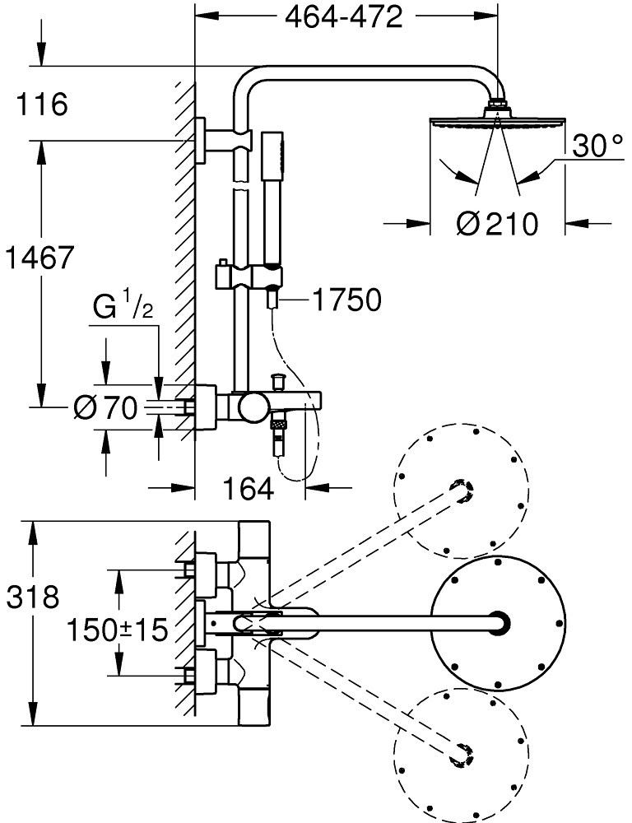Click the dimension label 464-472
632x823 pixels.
(x=344, y=17)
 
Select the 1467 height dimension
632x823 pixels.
(x=39, y=258)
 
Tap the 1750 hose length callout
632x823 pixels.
(x=346, y=301)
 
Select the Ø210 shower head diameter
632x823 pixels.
(x=496, y=223)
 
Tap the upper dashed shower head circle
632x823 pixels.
(x=461, y=491)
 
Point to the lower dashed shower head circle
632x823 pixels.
(x=460, y=753)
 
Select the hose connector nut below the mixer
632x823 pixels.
(x=281, y=425)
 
